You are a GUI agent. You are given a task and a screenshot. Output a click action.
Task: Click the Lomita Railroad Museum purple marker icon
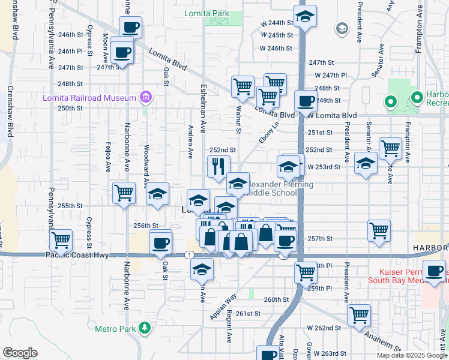145,97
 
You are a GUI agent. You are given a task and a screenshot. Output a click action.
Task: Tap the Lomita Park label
208,12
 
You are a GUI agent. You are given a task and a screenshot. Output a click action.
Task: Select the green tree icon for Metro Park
145,328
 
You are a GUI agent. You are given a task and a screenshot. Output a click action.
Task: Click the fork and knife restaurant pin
218,166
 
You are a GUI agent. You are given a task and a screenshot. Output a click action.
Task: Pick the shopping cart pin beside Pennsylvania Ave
61,240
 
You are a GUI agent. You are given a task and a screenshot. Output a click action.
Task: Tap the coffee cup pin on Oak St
160,243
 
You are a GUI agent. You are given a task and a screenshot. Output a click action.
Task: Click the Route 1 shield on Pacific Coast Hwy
190,255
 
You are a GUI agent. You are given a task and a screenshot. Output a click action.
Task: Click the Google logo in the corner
20,353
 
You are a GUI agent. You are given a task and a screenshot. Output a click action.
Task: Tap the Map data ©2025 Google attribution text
411,355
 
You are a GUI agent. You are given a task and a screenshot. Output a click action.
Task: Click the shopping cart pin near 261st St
359,314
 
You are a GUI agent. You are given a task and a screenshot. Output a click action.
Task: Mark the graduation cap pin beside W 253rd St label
366,163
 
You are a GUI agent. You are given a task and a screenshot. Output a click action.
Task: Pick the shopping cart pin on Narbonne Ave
124,193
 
